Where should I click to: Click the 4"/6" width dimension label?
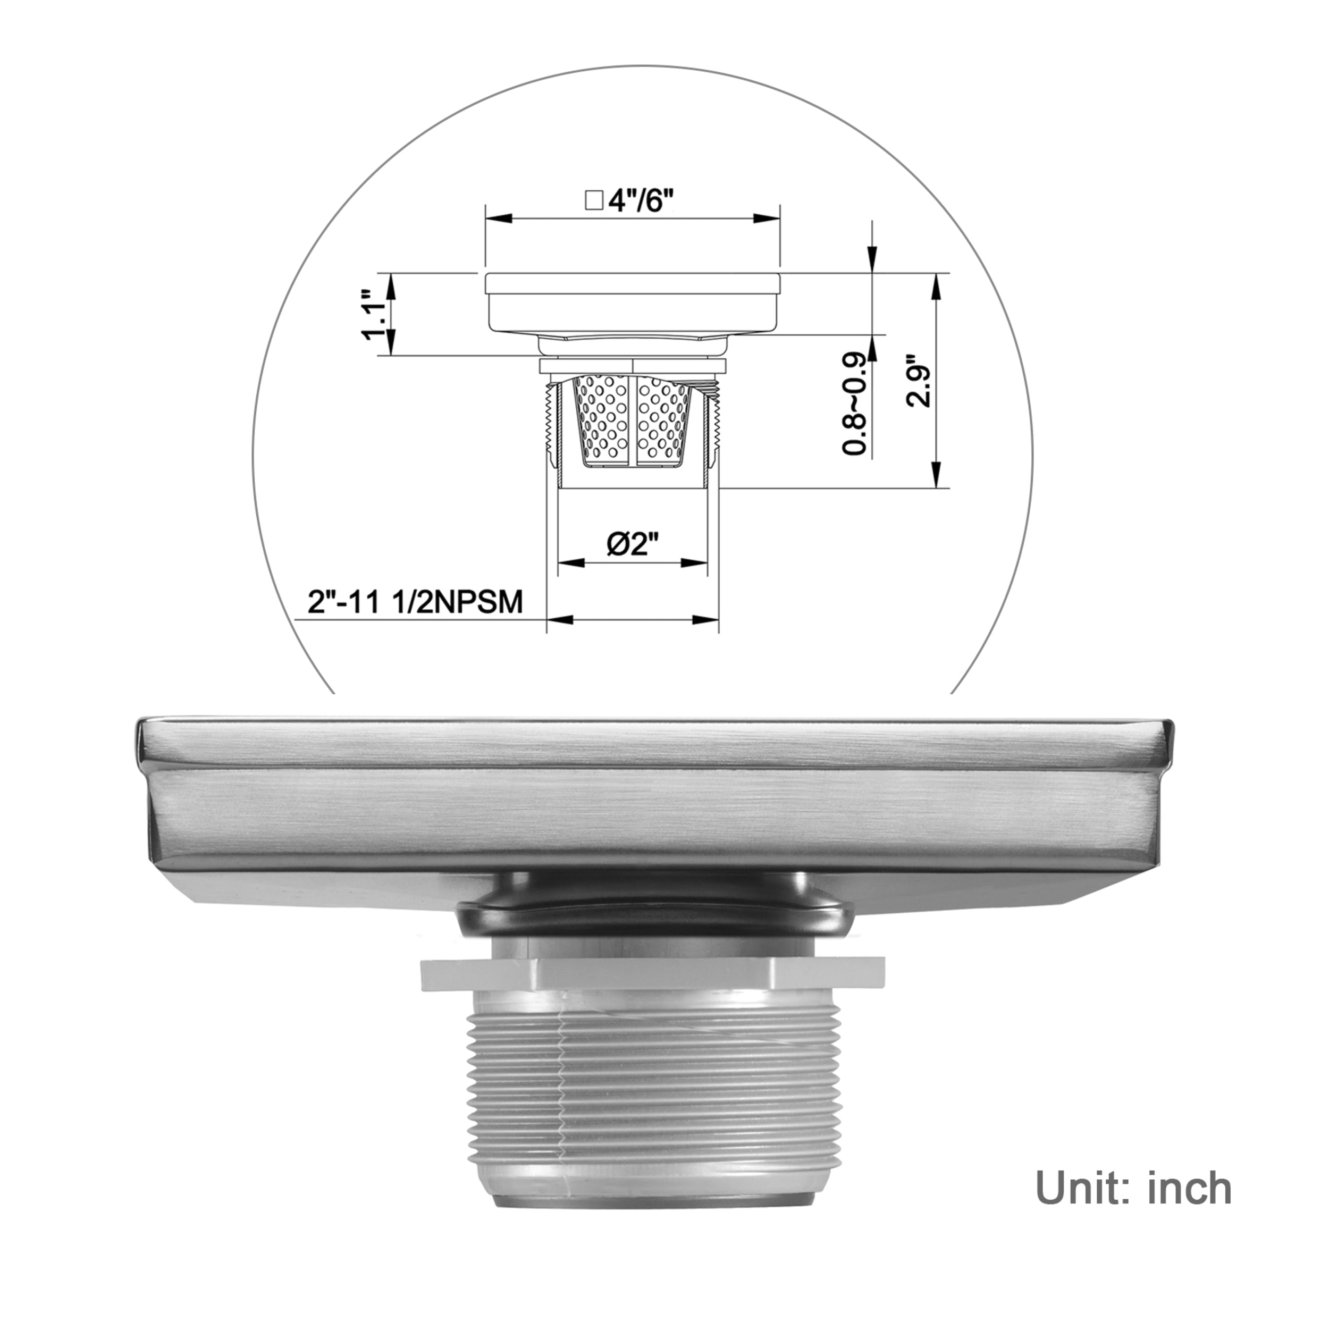coord(640,201)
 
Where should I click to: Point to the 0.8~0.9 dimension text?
coord(854,404)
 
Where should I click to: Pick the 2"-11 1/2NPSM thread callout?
coord(415,602)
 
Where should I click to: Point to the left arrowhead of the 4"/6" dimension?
coord(499,218)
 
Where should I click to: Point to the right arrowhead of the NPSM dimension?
coord(705,620)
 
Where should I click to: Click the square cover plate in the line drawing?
coord(633,302)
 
